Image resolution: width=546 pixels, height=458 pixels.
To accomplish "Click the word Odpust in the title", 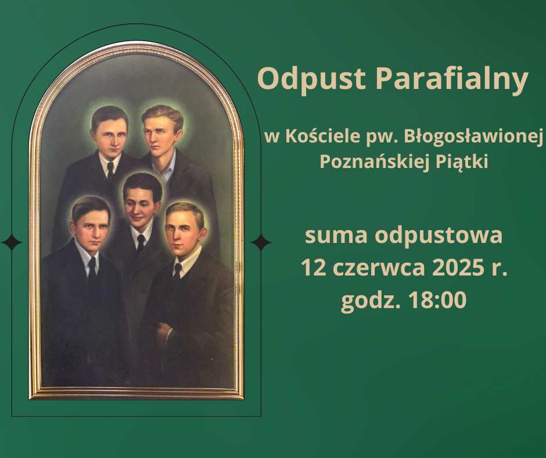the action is click(311, 79).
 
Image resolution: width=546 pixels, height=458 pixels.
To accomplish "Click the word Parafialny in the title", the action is click(452, 79).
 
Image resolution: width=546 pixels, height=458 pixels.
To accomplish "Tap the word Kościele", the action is click(323, 135).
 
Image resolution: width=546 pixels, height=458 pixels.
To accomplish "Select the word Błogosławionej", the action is click(473, 137).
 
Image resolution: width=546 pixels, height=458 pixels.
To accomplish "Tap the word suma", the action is click(336, 235).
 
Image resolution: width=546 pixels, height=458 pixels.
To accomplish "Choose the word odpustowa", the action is click(439, 236).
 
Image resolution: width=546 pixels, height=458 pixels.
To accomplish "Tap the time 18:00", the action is click(437, 300).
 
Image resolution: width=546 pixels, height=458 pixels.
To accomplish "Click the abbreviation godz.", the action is click(370, 301).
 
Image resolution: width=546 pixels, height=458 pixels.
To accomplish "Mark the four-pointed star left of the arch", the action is click(12, 242).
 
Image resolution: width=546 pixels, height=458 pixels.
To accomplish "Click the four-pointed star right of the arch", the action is click(261, 242).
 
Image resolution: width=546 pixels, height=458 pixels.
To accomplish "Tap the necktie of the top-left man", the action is click(110, 171).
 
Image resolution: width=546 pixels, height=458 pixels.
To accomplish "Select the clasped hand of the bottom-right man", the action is click(164, 333).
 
